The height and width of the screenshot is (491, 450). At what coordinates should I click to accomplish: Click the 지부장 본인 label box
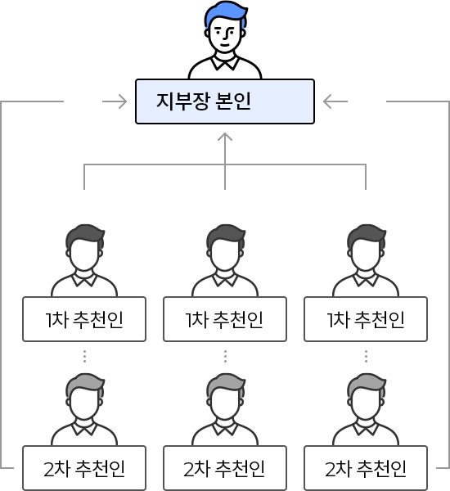tap(224, 101)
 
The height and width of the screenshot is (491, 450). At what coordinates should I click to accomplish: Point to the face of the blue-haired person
tap(225, 35)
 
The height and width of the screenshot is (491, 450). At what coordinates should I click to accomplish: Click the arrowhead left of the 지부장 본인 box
tap(123, 101)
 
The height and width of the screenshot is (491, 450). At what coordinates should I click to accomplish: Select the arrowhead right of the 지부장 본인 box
tap(325, 101)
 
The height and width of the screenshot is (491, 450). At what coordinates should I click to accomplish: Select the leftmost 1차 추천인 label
tap(84, 318)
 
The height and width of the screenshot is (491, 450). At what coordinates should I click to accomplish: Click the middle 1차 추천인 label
tap(225, 318)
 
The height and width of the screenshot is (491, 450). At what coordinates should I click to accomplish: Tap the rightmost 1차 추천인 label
tap(365, 318)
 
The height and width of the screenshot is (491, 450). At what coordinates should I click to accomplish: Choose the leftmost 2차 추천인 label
tap(84, 469)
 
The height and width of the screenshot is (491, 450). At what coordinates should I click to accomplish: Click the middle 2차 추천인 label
tap(225, 469)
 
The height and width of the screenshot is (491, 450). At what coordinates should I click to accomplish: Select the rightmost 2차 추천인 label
tap(365, 469)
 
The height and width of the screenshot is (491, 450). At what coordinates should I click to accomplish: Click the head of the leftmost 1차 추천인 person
tap(84, 253)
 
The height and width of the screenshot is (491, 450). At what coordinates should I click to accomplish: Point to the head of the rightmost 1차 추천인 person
tap(365, 253)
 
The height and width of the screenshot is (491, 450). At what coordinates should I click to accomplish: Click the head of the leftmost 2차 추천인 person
tap(84, 402)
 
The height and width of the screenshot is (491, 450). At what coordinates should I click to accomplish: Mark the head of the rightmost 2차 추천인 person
tap(365, 402)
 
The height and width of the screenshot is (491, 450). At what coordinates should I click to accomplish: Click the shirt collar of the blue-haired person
tap(225, 63)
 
